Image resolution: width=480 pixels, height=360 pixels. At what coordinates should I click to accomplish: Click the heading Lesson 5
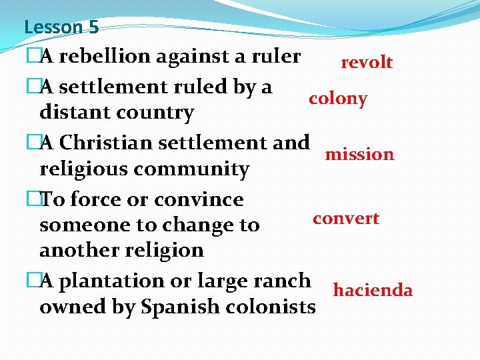click(x=61, y=27)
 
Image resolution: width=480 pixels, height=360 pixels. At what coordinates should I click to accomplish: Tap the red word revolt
click(x=367, y=63)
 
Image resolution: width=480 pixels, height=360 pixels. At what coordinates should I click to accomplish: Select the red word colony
click(x=337, y=99)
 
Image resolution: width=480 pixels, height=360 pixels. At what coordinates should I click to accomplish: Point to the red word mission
click(x=359, y=155)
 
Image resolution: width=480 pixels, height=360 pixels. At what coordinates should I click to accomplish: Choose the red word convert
click(x=346, y=219)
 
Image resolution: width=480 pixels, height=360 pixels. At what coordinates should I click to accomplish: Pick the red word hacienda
click(x=373, y=291)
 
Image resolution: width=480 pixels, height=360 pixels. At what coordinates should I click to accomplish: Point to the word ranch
click(x=279, y=281)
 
